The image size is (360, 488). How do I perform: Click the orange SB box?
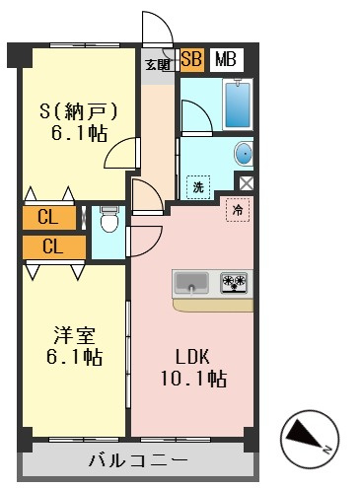point(192,60)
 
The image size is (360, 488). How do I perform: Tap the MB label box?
point(227,60)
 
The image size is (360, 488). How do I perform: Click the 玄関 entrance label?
point(158,65)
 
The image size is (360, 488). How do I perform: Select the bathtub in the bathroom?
point(238,105)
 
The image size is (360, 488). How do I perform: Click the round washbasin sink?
point(244,154)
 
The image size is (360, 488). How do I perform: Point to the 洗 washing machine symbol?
point(198,187)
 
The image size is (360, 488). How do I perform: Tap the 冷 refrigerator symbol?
point(238,210)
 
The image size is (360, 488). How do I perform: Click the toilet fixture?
point(108,219)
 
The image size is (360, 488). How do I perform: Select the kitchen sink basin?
point(191,282)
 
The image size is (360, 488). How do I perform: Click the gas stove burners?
point(234,282)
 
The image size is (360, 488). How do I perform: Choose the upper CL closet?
point(49,218)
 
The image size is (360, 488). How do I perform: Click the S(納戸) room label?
point(78,110)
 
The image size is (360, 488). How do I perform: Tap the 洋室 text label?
point(74,335)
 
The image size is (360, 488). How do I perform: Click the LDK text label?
point(192,357)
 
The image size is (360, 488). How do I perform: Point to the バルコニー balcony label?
point(138,460)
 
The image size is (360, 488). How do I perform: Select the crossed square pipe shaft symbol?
point(246,183)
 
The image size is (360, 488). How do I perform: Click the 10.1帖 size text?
point(193,379)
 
